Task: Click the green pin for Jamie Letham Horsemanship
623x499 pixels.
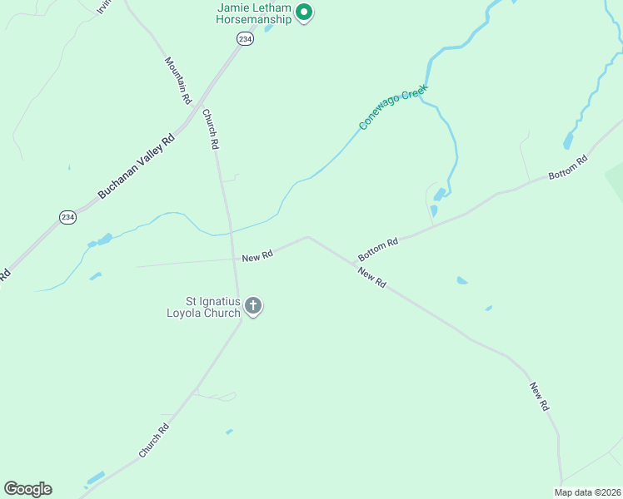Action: (x=304, y=12)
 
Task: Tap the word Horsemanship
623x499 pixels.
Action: (x=248, y=19)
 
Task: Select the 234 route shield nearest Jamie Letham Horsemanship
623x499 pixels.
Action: (x=244, y=39)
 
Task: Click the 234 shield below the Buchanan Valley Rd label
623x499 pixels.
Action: (x=67, y=216)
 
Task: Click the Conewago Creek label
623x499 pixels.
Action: (x=393, y=106)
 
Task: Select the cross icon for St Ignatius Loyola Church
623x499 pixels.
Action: (x=253, y=306)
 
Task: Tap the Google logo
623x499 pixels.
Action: (x=28, y=489)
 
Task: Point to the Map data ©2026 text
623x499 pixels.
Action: (x=587, y=492)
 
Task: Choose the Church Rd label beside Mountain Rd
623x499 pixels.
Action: (x=210, y=129)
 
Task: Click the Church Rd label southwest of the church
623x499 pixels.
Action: (x=154, y=440)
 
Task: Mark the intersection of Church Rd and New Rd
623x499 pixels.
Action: (x=230, y=259)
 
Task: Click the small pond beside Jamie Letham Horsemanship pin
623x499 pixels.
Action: (x=268, y=28)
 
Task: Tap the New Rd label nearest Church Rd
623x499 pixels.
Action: (x=257, y=256)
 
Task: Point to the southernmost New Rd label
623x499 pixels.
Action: (x=540, y=398)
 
